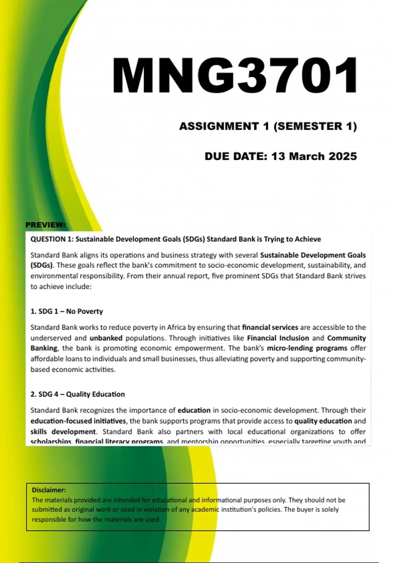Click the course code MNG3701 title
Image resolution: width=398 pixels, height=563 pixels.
(x=235, y=76)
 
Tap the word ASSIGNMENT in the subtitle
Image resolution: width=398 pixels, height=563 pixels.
(x=219, y=126)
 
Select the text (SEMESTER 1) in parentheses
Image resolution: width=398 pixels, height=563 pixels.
(x=315, y=126)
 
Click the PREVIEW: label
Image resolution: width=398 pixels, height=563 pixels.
(x=45, y=225)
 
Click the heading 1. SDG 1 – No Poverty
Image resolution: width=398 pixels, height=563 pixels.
(x=67, y=311)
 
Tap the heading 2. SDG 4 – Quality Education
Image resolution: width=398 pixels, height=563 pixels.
(x=78, y=394)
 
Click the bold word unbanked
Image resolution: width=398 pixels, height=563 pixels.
(x=106, y=338)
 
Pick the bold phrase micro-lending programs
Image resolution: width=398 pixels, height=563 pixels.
(x=307, y=348)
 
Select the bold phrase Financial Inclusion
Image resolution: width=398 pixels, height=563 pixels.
(x=278, y=338)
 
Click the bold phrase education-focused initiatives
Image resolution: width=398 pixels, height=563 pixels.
(x=78, y=421)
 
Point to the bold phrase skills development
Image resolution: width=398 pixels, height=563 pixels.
(x=63, y=432)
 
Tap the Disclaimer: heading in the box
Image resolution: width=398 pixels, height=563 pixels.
(x=49, y=490)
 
